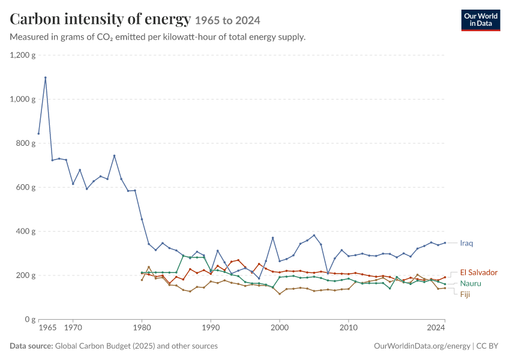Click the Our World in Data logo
[481, 20]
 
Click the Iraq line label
[466, 243]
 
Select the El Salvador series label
[478, 272]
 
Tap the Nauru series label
[470, 284]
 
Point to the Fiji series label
[465, 295]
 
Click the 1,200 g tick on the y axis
[23, 55]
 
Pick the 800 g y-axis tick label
[26, 143]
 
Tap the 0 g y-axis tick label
[30, 319]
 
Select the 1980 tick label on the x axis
[142, 328]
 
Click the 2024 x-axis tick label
[436, 328]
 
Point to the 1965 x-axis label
[47, 328]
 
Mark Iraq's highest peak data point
[46, 78]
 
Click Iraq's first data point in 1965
[39, 134]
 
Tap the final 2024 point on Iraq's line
[445, 243]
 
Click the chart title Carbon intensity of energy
[100, 19]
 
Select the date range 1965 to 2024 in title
[227, 21]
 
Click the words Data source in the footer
[31, 346]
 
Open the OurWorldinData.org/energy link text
[422, 346]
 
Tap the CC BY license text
[487, 346]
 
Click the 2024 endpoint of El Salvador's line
[445, 277]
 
